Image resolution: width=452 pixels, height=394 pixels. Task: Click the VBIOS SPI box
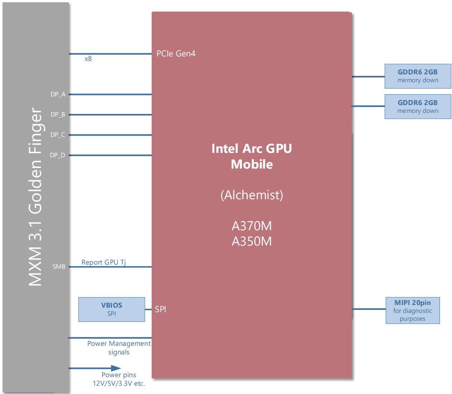click(x=112, y=309)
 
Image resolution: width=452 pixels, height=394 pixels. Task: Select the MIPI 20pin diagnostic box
click(x=412, y=310)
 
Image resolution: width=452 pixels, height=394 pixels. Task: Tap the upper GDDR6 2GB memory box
click(x=418, y=76)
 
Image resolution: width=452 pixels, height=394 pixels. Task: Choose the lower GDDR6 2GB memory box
click(x=418, y=107)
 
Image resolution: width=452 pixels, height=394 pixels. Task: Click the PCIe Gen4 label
click(x=176, y=53)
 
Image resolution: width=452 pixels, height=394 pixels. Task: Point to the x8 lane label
click(x=88, y=59)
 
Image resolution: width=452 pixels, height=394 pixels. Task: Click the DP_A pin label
click(x=58, y=95)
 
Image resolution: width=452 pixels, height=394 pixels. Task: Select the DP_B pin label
click(x=58, y=114)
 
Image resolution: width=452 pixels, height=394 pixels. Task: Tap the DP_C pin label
click(x=58, y=135)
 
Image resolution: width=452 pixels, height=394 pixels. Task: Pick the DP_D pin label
click(x=58, y=155)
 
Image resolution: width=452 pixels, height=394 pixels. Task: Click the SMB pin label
click(x=59, y=267)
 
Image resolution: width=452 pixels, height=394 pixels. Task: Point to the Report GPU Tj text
click(x=103, y=262)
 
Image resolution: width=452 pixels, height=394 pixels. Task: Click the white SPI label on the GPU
click(x=161, y=309)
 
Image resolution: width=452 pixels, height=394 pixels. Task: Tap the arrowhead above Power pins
click(x=116, y=368)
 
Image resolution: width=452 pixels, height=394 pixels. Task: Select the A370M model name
click(x=252, y=226)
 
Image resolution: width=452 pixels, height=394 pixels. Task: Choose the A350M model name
click(x=252, y=241)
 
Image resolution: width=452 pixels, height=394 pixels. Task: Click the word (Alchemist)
click(x=252, y=195)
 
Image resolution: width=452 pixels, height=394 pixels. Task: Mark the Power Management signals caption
click(x=119, y=348)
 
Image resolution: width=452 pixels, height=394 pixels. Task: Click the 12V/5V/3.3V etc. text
click(x=119, y=384)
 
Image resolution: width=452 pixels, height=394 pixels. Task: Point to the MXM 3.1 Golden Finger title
click(x=35, y=197)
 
